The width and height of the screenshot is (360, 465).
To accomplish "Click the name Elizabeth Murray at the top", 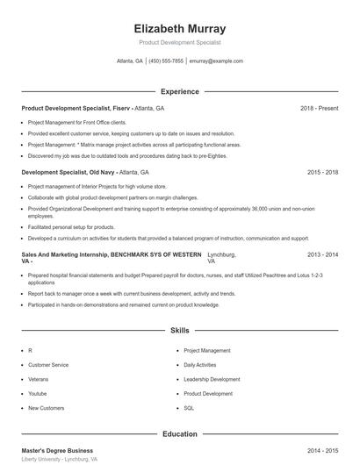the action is click(179, 28).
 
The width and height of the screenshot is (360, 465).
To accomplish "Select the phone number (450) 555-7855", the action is click(166, 61).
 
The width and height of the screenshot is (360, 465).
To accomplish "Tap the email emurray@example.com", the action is click(216, 61).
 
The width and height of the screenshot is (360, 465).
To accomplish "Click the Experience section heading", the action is click(179, 91).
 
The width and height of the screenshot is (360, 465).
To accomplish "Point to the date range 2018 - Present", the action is click(319, 108).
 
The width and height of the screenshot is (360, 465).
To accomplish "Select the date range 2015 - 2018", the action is click(322, 173).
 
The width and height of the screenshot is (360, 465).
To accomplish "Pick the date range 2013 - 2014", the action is click(322, 254).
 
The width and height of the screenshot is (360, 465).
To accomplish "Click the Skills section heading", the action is click(179, 331).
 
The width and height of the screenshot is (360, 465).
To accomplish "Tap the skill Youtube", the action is click(39, 394).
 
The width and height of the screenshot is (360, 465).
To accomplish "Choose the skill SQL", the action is click(188, 408).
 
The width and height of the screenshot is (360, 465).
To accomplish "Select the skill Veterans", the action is click(40, 379).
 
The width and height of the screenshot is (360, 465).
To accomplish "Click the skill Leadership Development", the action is click(212, 379).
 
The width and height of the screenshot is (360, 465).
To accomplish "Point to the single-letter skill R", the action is click(30, 350).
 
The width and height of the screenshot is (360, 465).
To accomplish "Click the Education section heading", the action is click(179, 433).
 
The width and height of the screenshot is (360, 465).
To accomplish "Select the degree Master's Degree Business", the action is click(57, 450).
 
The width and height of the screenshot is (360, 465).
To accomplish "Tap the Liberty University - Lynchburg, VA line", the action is click(59, 459).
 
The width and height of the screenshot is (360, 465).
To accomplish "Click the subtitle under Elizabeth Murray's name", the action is click(179, 42).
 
